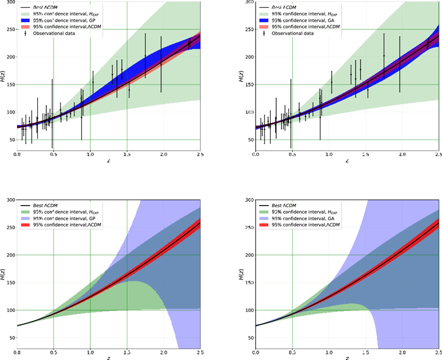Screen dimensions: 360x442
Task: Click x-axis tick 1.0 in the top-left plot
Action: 90,154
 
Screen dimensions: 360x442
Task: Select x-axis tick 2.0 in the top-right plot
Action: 402,154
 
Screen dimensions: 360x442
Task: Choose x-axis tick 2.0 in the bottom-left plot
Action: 163,353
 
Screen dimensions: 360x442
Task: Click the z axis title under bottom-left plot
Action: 90,358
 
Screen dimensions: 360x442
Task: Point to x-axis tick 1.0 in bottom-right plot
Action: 329,353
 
